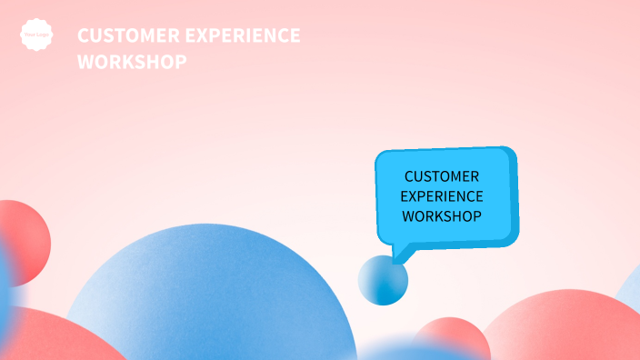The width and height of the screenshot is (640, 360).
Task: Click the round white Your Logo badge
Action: (36, 35)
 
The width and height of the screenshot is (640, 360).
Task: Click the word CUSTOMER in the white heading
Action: (121, 35)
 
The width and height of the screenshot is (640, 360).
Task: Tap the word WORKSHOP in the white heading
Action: (133, 62)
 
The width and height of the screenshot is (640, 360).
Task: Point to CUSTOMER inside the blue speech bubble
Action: (442, 176)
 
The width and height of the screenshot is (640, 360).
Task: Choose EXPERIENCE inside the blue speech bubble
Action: (442, 196)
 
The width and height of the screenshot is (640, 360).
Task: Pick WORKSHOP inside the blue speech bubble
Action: (442, 216)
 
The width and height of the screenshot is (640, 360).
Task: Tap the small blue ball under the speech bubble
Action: (383, 280)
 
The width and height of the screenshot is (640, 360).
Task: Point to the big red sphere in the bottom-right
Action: (564, 327)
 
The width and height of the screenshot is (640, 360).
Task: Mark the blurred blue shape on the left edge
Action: (5, 291)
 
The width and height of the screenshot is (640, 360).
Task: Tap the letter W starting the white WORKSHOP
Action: (85, 62)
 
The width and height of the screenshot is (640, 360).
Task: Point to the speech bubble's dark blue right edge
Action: (515, 195)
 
